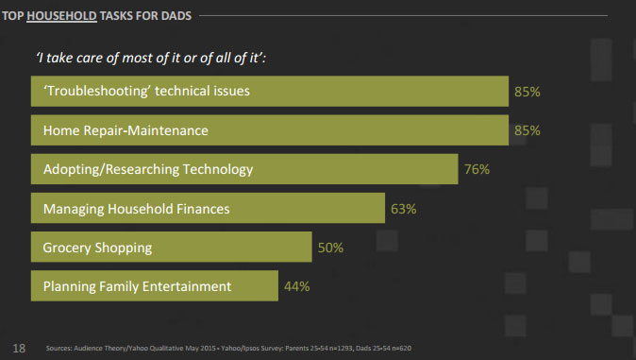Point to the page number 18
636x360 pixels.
point(19,347)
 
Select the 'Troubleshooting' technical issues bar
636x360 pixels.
point(270,93)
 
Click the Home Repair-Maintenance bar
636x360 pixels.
point(270,131)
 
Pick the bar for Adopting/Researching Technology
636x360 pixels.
point(244,170)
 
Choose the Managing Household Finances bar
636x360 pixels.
point(209,209)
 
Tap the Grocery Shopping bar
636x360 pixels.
point(171,248)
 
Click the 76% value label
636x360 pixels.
point(477,170)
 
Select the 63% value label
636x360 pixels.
point(404,209)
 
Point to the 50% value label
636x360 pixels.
point(330,248)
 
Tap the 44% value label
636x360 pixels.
point(296,285)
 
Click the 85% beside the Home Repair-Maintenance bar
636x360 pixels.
point(527,131)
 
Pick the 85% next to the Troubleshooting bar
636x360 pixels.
point(527,93)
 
